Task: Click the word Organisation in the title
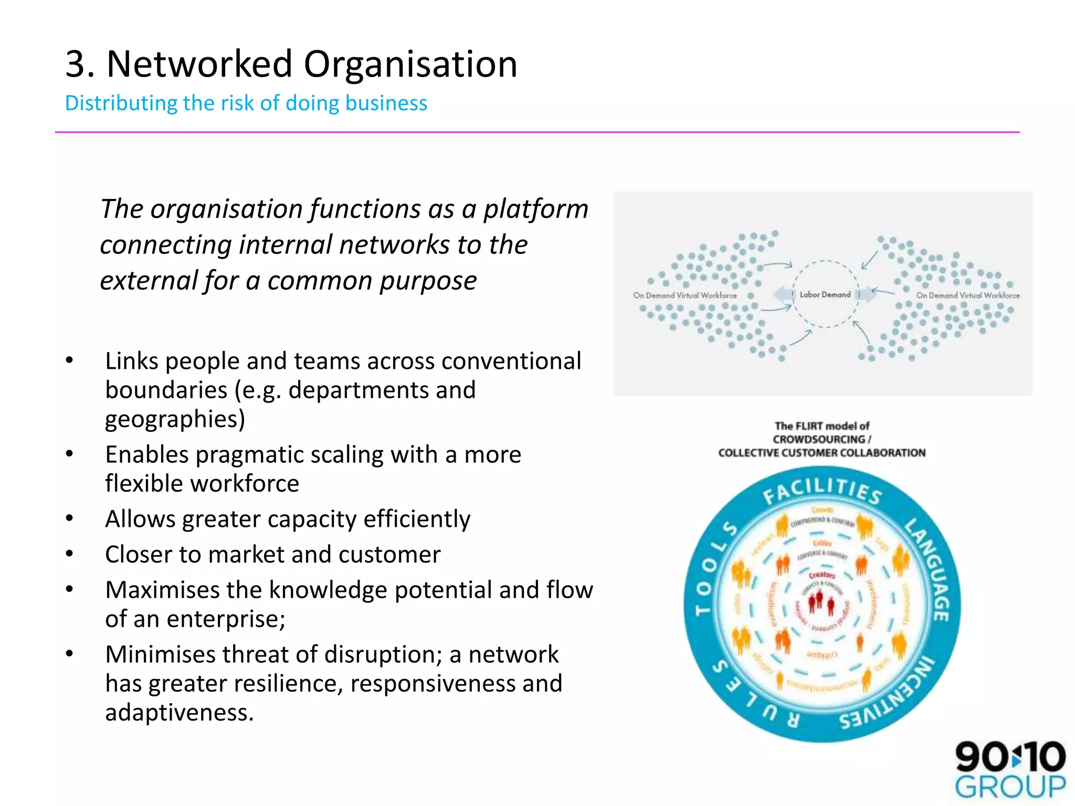(x=410, y=64)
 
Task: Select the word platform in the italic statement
(x=535, y=209)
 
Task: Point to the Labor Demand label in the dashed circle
(x=825, y=295)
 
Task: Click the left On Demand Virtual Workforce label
(x=684, y=295)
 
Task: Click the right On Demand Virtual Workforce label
(x=967, y=295)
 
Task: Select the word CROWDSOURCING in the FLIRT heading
(x=818, y=439)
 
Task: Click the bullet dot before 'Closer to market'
(x=69, y=554)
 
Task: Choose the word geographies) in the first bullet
(x=175, y=419)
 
